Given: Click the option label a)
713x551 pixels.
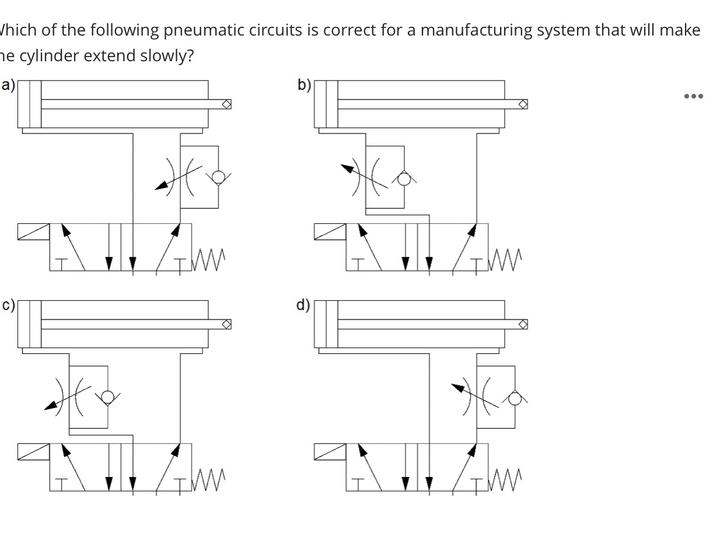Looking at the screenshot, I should tap(8, 86).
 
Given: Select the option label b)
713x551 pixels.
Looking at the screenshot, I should tap(304, 86).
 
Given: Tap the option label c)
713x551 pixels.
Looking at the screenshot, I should tap(8, 306).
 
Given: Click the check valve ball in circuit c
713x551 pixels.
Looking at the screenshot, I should tap(107, 398).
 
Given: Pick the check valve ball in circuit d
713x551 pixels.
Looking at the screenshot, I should tap(515, 398).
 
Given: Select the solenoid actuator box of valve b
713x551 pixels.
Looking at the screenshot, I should tap(330, 231).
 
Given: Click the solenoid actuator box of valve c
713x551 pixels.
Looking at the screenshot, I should tap(33, 451).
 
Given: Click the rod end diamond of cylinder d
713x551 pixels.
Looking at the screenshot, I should tap(523, 324).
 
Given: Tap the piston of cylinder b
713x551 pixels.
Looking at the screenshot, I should tap(331, 104).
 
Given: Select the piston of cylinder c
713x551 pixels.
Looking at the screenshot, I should tap(35, 324).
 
